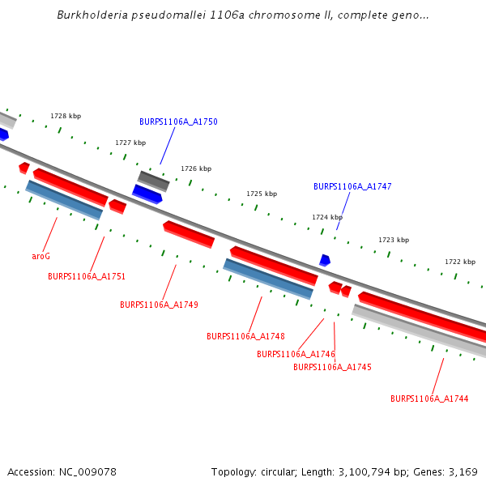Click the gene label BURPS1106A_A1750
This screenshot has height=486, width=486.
tap(178, 122)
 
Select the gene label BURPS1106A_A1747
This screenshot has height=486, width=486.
tap(352, 186)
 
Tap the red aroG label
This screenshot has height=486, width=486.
tap(41, 256)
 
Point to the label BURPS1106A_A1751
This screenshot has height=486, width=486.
tap(87, 276)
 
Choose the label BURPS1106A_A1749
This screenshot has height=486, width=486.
tap(159, 305)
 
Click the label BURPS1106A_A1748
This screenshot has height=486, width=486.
tap(245, 336)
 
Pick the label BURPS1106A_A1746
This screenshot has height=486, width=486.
tap(296, 354)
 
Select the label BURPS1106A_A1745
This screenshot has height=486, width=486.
tap(332, 367)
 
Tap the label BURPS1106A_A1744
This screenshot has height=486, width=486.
tap(429, 399)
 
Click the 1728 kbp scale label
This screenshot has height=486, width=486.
tap(66, 117)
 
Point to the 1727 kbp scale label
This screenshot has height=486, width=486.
tap(130, 143)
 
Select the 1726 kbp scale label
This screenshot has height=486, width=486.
tap(196, 168)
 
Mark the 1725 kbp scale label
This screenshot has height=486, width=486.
tap(262, 194)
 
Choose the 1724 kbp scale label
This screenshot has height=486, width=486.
tap(327, 217)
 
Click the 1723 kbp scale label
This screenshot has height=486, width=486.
tap(394, 240)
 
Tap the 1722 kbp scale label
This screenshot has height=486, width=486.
tap(460, 262)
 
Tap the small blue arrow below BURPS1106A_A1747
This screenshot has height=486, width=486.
tap(325, 260)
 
